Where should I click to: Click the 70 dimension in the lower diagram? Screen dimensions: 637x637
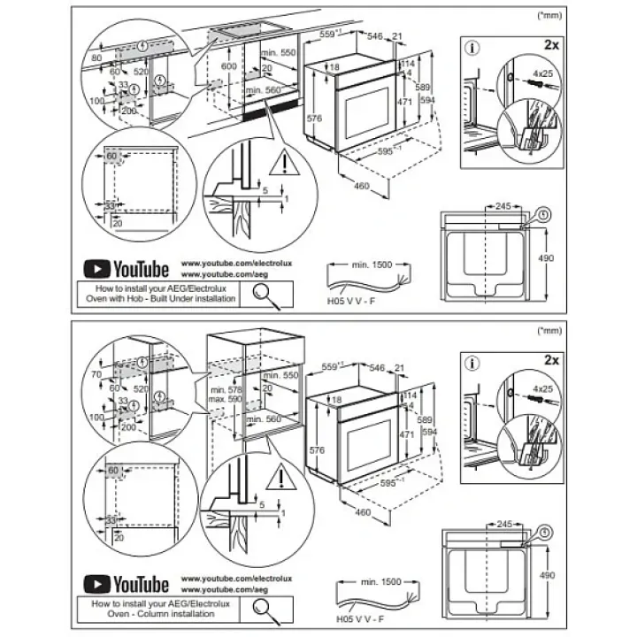[96, 375]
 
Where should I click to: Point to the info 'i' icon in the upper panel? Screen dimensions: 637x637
[472, 47]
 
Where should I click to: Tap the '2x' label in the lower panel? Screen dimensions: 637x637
[552, 360]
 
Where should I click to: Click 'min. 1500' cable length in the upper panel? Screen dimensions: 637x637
[372, 265]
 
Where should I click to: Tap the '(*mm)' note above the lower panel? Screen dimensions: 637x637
[549, 330]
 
